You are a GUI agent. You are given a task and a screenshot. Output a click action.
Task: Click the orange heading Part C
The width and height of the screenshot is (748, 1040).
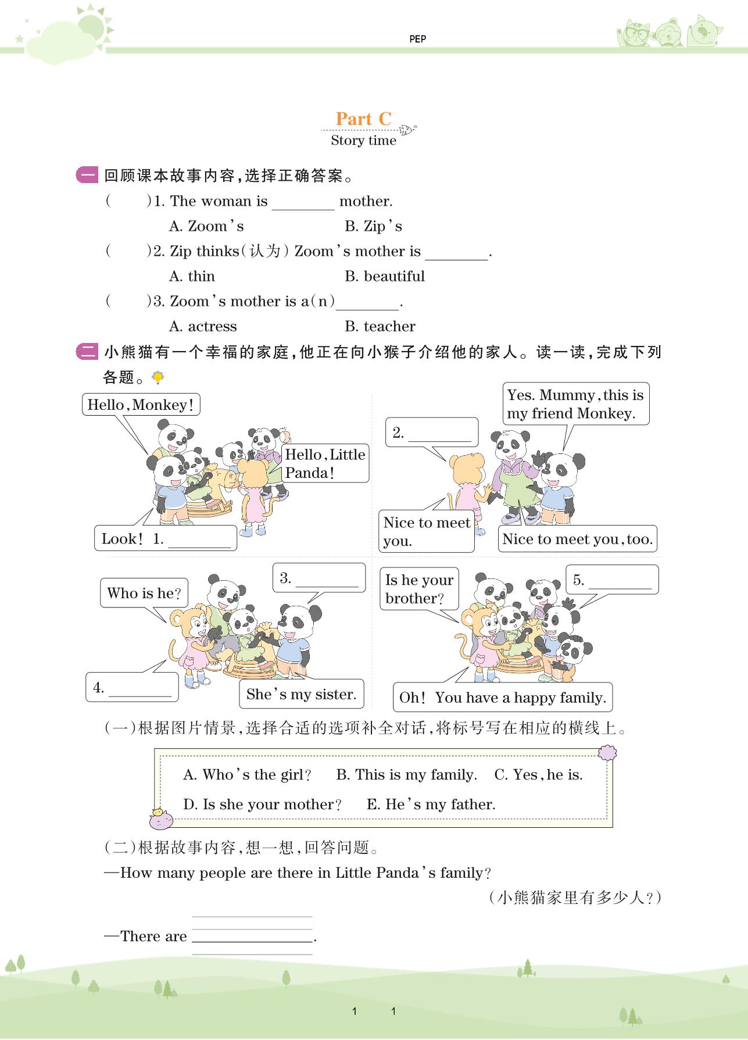pos(364,119)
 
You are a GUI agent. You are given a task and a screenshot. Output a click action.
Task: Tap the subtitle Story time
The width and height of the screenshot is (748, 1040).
pos(363,141)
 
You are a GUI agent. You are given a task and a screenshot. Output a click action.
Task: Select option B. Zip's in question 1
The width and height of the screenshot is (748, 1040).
pos(373,226)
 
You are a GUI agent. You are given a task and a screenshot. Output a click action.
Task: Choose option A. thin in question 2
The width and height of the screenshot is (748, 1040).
pos(192,276)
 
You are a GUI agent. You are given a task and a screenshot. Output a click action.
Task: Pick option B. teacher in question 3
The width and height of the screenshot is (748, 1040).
pos(380,326)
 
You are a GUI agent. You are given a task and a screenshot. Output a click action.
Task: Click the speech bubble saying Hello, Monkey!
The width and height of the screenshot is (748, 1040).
pos(141,405)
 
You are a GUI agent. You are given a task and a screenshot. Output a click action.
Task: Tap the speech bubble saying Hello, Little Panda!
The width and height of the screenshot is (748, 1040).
pos(325,463)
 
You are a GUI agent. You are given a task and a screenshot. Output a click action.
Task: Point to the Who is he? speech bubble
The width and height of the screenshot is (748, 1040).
pos(144,593)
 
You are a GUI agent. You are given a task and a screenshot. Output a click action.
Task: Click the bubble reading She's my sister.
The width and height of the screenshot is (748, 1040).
pos(301,694)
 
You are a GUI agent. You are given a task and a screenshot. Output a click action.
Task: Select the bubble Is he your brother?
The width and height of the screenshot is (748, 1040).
pos(419,589)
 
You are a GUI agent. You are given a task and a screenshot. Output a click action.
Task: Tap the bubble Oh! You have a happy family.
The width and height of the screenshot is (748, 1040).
pos(503,698)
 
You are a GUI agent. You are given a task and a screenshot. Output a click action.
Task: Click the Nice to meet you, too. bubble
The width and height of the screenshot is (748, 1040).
pos(578,539)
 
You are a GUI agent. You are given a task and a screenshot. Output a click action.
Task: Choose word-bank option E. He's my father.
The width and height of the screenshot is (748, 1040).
pos(431,804)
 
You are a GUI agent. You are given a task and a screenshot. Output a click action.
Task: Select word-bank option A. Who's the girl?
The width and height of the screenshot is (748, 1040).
pos(247,774)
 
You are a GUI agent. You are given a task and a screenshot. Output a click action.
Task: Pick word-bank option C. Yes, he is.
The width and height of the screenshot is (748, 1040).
pos(538,774)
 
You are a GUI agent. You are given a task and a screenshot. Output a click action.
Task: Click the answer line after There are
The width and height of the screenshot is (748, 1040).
pos(252,936)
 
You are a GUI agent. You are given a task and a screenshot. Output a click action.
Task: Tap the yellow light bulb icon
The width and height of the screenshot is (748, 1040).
pos(158,377)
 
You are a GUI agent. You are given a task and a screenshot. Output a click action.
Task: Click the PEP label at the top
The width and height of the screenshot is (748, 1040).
pos(417,39)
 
